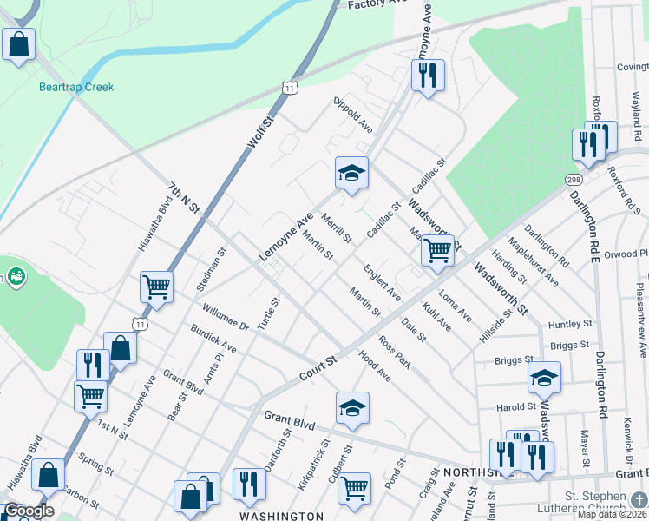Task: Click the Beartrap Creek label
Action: (76, 87)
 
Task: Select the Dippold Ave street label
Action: (354, 115)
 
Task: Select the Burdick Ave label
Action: (213, 340)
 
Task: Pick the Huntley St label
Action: (569, 325)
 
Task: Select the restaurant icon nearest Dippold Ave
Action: (427, 76)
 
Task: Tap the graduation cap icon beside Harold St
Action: (544, 378)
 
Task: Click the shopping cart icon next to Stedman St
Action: (156, 286)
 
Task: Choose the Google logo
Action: (29, 511)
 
